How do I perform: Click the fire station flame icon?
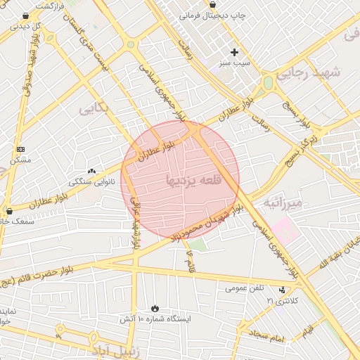point(155,308)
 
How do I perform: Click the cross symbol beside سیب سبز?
point(235,52)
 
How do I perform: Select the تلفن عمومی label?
point(245,288)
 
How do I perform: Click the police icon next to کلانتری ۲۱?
point(283,290)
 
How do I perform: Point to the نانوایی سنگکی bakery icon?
point(91,170)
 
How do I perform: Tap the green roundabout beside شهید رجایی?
point(268,83)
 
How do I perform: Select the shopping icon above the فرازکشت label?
point(26,15)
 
